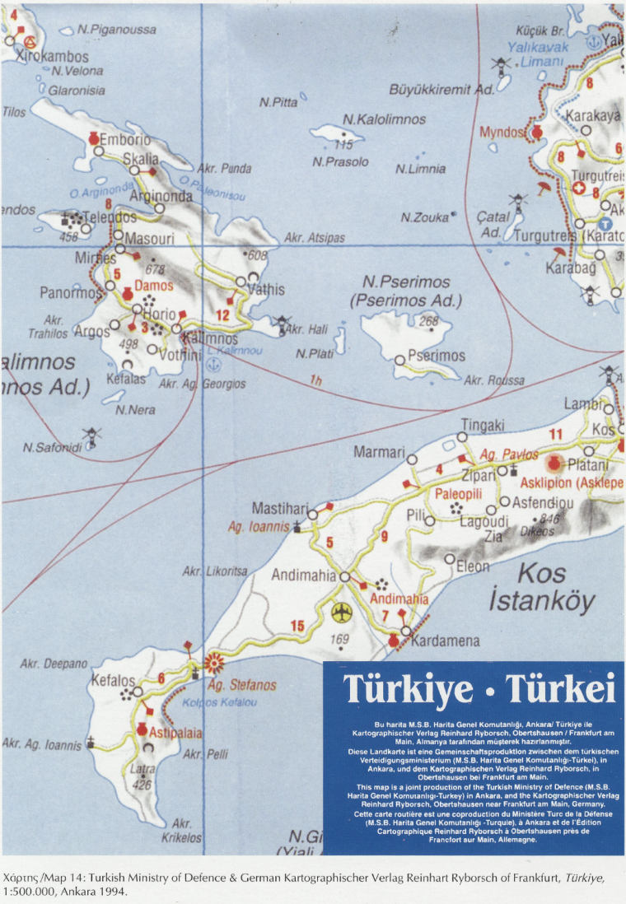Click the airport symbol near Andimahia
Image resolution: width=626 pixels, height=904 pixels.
click(x=339, y=613)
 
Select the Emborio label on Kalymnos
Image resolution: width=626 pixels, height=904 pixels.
click(x=125, y=139)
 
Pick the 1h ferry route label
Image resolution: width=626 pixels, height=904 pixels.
click(x=316, y=380)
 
